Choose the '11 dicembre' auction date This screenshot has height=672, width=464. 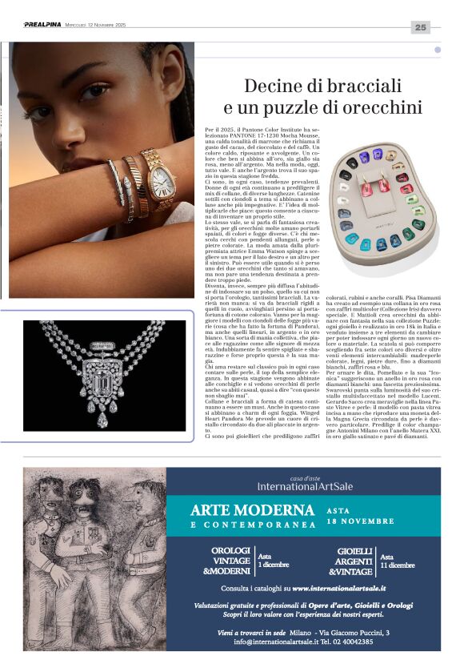point(397,565)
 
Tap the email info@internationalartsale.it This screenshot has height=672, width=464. point(277,642)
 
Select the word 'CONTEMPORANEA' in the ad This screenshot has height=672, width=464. point(254,525)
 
